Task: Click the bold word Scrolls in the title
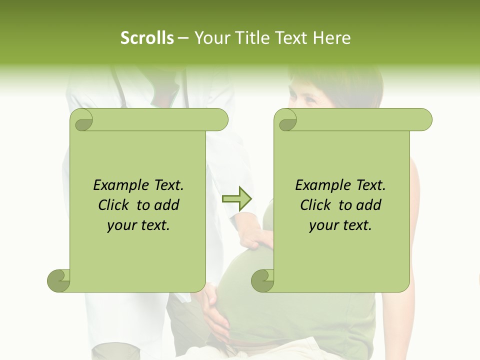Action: pyautogui.click(x=147, y=38)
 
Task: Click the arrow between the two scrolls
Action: pyautogui.click(x=236, y=198)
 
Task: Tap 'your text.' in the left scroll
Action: pyautogui.click(x=138, y=225)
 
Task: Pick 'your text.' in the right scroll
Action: pyautogui.click(x=340, y=225)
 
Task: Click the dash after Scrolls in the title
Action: pyautogui.click(x=183, y=38)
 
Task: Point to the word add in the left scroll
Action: pyautogui.click(x=167, y=205)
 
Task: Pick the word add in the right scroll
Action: pyautogui.click(x=369, y=205)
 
